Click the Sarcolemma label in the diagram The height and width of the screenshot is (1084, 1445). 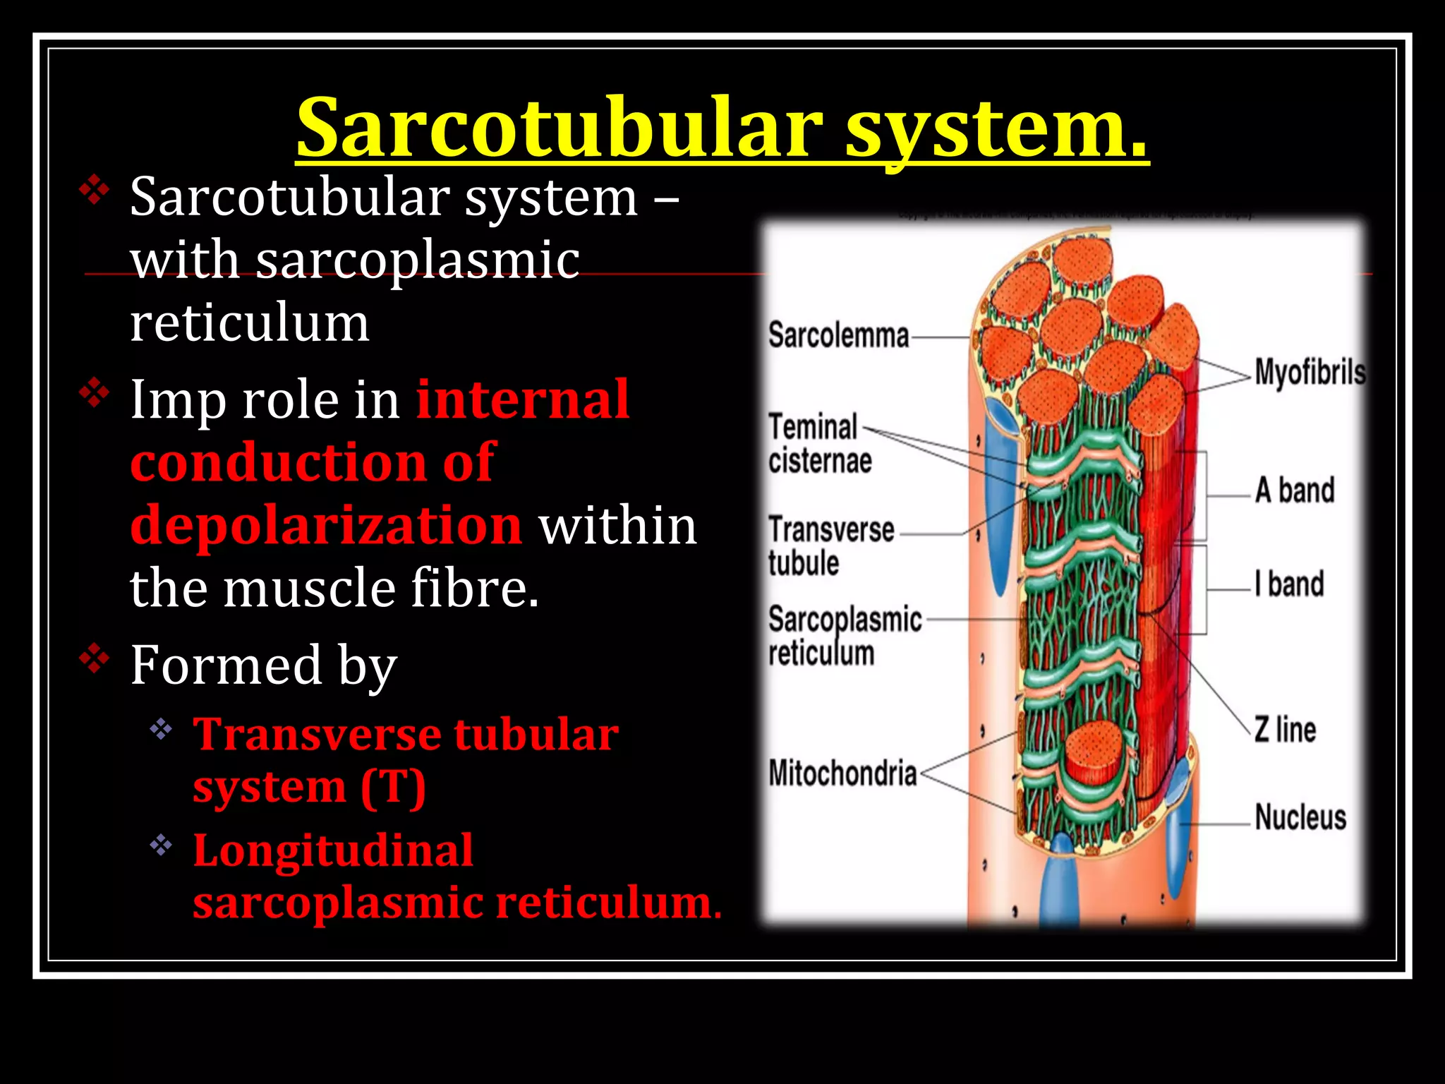pos(838,335)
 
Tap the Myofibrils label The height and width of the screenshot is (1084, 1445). pos(1310,372)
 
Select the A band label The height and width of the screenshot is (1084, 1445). pos(1295,490)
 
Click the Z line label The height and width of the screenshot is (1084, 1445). pos(1285,730)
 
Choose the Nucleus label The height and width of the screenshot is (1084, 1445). pos(1300,817)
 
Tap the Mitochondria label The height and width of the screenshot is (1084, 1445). pos(842,773)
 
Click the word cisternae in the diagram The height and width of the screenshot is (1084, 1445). pos(820,462)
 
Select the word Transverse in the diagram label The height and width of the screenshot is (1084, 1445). pos(831,530)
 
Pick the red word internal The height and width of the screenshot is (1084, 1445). pos(522,400)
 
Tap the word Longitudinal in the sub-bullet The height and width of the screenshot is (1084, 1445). pos(333,850)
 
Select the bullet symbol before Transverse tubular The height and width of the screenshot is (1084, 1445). pos(161,729)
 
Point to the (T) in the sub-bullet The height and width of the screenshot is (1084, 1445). pos(393,787)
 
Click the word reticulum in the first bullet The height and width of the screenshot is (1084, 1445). pos(250,323)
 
